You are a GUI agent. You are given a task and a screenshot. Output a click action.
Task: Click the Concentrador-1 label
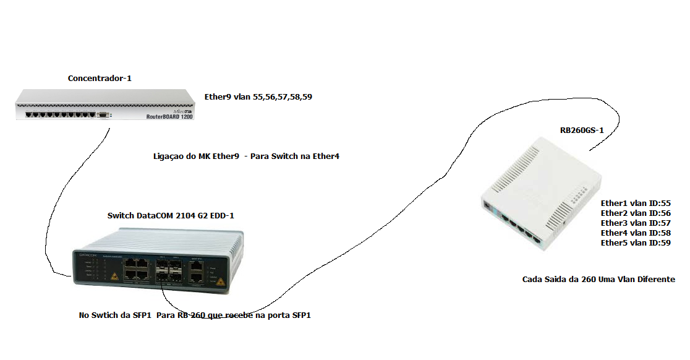pyautogui.click(x=100, y=79)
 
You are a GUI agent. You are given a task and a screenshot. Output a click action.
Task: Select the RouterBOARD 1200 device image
pyautogui.click(x=104, y=105)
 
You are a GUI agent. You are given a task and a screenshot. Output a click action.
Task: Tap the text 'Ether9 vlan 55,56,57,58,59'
pyautogui.click(x=258, y=97)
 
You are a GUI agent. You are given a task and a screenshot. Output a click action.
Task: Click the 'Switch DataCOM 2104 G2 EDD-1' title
pyautogui.click(x=171, y=216)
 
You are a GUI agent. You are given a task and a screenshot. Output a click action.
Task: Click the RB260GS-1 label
pyautogui.click(x=582, y=131)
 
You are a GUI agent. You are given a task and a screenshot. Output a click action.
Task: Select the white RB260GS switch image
pyautogui.click(x=542, y=194)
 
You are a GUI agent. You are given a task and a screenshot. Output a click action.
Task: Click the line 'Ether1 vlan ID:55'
pyautogui.click(x=636, y=203)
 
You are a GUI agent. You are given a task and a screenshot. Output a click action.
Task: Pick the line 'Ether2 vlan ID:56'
pyautogui.click(x=636, y=213)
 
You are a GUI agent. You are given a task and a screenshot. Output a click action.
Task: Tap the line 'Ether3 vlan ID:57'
pyautogui.click(x=636, y=223)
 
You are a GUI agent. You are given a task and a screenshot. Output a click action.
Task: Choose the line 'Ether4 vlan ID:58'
pyautogui.click(x=636, y=233)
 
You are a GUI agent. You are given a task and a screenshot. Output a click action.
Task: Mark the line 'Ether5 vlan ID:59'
pyautogui.click(x=636, y=243)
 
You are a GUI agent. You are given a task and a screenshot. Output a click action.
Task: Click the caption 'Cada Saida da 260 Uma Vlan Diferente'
pyautogui.click(x=598, y=280)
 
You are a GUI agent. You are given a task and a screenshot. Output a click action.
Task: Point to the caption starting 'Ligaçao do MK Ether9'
pyautogui.click(x=245, y=156)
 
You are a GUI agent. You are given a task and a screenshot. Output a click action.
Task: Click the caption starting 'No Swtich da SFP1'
pyautogui.click(x=195, y=315)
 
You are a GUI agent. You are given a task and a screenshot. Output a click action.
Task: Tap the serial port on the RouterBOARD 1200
pyautogui.click(x=103, y=115)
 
